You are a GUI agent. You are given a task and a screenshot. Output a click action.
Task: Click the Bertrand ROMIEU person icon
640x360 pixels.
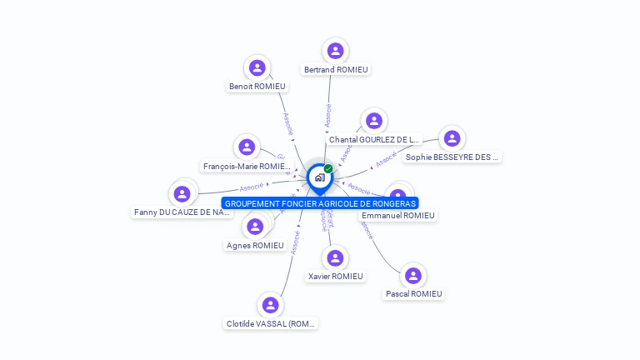pos(335,51)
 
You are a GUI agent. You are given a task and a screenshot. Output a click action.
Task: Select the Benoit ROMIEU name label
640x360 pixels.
pos(257,86)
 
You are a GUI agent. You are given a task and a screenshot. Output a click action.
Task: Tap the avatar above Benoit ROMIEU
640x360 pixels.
pos(257,67)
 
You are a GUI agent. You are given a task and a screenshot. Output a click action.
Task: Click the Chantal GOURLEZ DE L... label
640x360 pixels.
pos(373,139)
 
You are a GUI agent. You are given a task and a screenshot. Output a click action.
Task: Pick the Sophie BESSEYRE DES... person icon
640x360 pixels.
pos(451,138)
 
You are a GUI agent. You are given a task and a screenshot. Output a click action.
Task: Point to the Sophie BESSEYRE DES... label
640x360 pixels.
pos(451,157)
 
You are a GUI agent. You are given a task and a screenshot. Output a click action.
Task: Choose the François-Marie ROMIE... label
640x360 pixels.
pos(247,166)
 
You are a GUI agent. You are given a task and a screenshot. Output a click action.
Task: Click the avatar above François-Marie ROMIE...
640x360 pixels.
pos(247,147)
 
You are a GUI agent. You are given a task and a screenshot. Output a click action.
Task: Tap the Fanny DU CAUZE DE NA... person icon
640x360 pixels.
pos(182,194)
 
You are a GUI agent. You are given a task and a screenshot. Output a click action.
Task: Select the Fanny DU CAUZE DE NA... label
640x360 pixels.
pos(182,212)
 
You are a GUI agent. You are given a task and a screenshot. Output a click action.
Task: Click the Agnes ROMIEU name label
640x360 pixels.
pos(255,245)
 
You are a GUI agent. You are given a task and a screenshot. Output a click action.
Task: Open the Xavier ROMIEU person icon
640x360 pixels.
pos(335,258)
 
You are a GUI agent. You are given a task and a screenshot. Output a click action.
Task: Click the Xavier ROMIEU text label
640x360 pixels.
pos(335,276)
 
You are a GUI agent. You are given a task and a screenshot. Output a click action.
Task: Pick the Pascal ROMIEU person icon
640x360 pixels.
pos(413,276)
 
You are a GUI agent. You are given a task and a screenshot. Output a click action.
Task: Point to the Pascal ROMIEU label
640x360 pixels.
pos(413,293)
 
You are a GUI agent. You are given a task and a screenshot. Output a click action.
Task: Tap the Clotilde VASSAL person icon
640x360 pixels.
pos(270,305)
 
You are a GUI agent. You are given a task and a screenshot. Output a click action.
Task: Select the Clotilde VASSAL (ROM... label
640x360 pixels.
pos(270,323)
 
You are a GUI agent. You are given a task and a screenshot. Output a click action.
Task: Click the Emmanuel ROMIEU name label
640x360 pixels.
pos(397,215)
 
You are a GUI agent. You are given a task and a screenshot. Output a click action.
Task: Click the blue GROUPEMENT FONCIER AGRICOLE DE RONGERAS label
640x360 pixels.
pos(320,202)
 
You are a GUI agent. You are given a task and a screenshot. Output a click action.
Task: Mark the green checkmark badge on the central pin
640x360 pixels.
pos(328,168)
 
